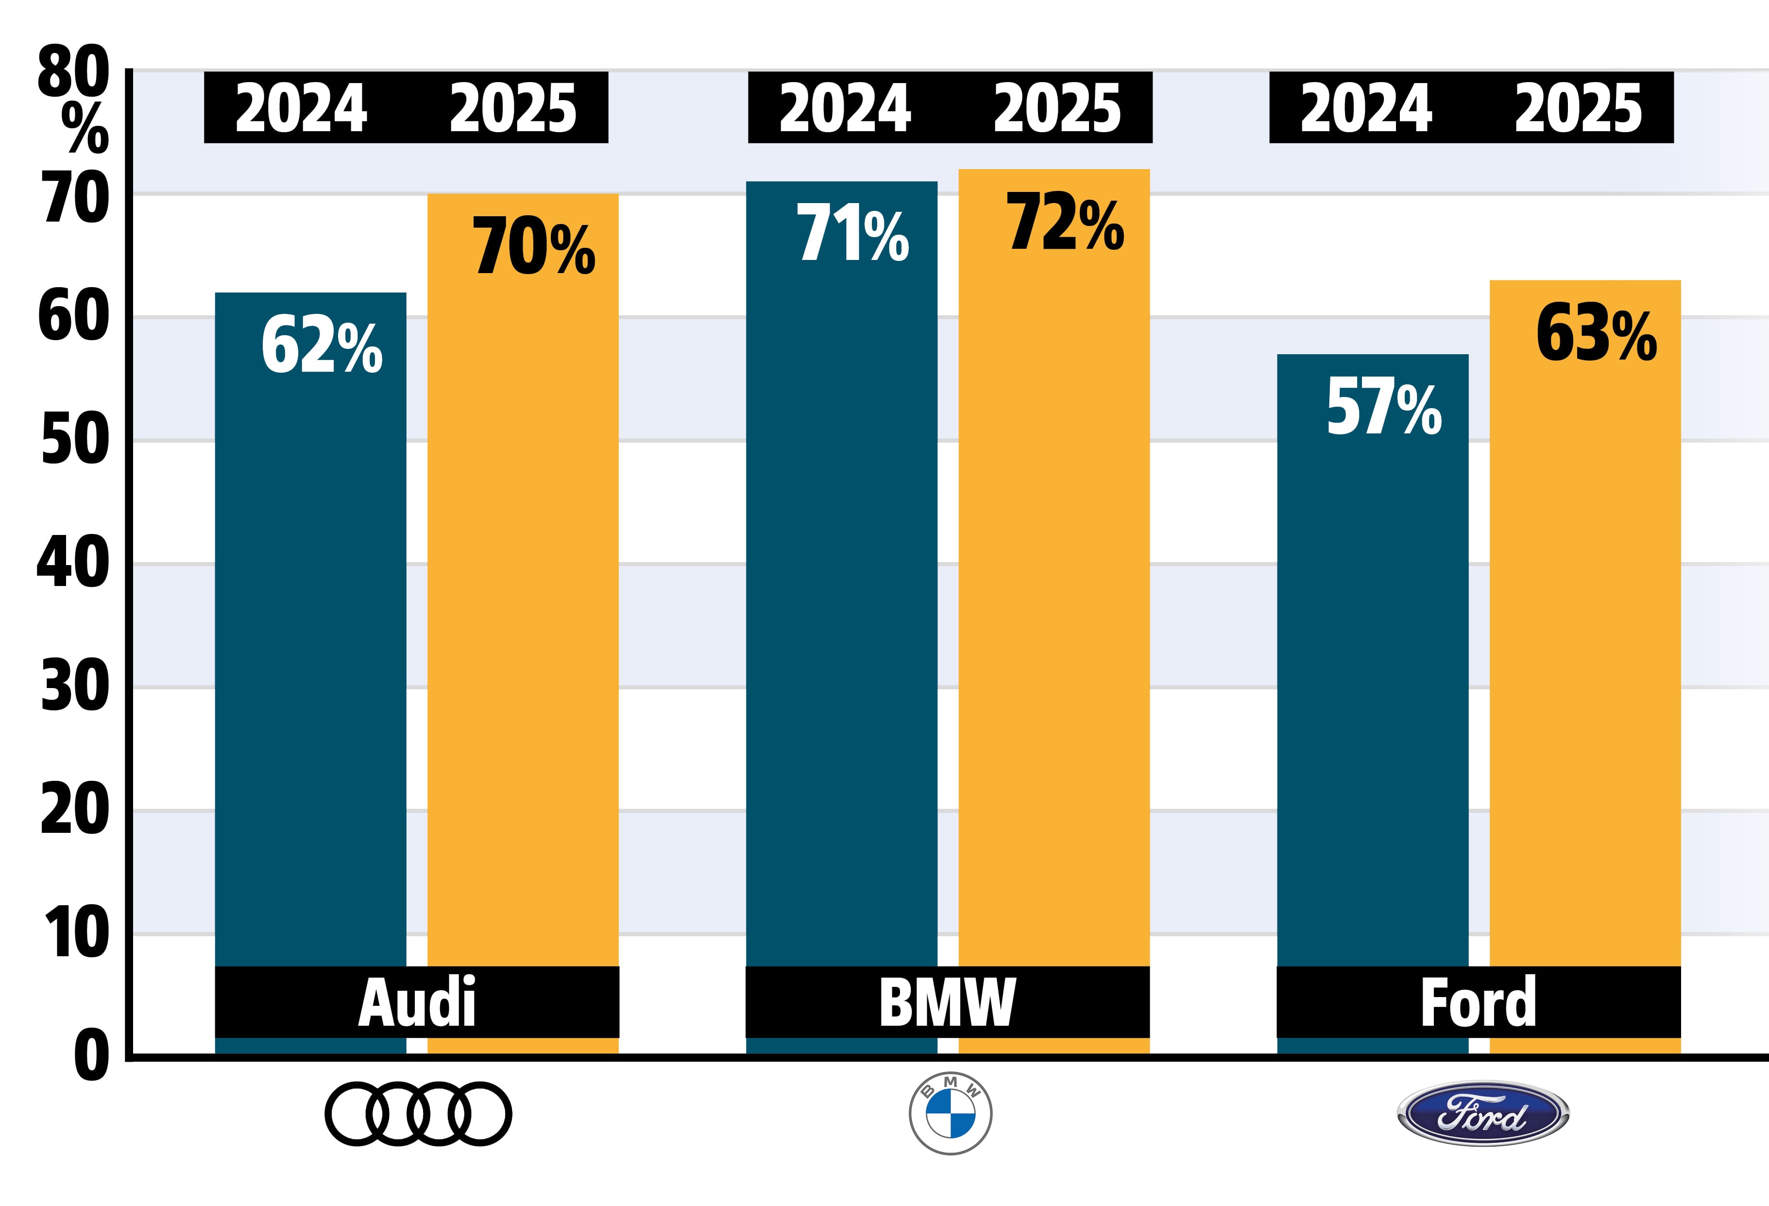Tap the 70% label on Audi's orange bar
(534, 247)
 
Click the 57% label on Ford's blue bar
(1383, 408)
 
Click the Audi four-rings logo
(418, 1114)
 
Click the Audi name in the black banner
(417, 1002)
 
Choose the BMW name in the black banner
(947, 1002)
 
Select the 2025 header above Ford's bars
(1578, 108)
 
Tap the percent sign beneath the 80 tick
(85, 128)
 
